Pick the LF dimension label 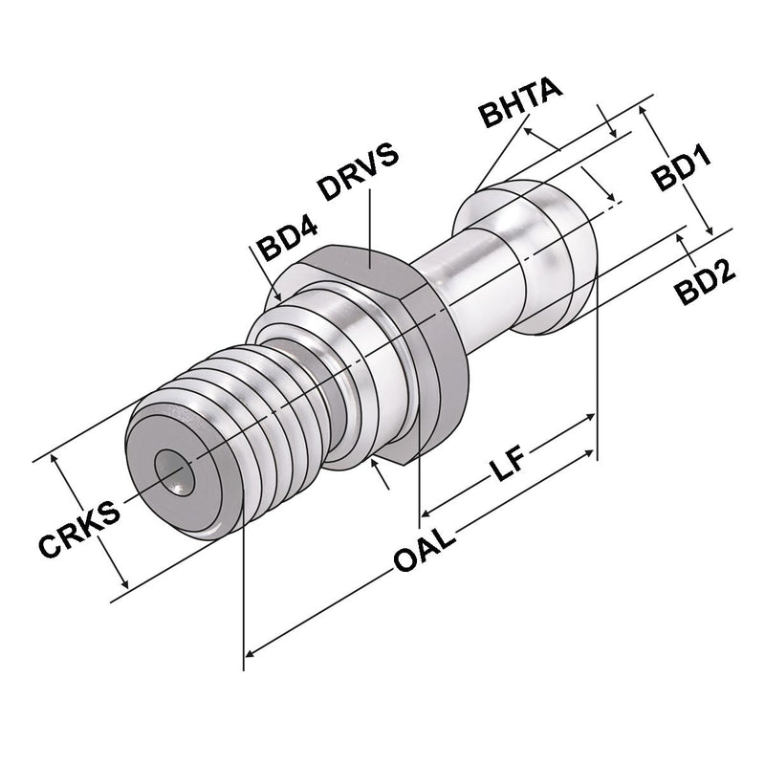[508, 469]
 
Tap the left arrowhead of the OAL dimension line [251, 653]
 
